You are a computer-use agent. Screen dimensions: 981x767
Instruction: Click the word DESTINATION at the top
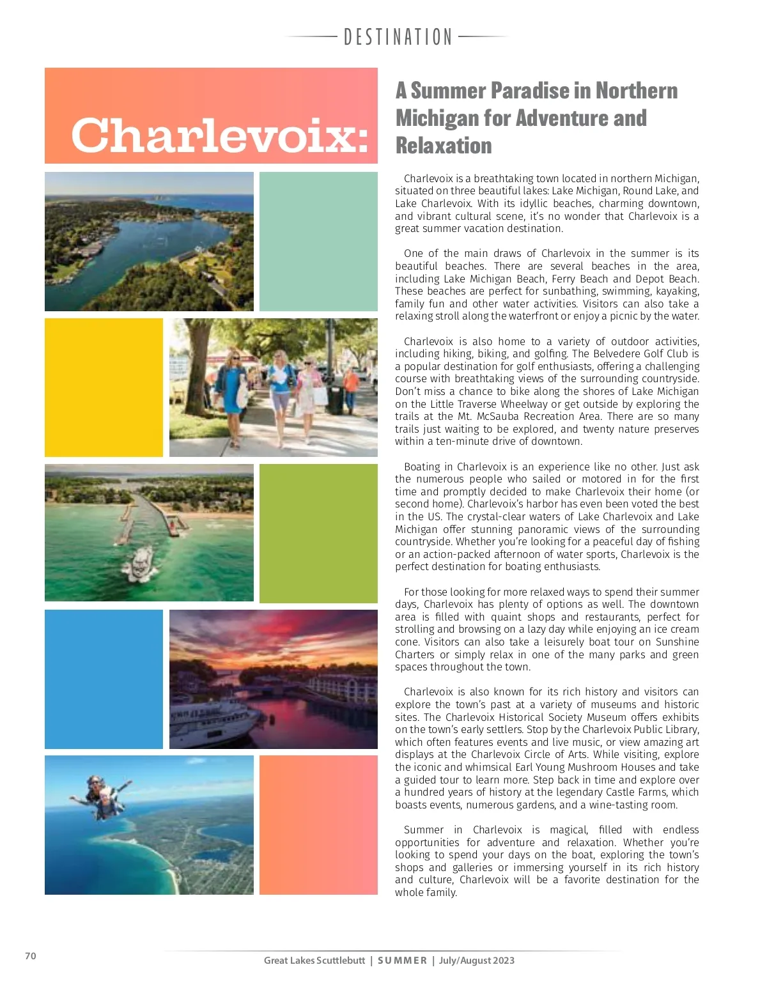coord(398,37)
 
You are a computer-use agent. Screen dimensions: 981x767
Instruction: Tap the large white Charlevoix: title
coord(219,135)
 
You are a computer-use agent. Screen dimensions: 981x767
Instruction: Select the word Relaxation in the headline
coord(444,146)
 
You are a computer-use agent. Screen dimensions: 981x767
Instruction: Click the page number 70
coord(31,956)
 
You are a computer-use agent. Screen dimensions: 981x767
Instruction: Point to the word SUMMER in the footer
coord(402,961)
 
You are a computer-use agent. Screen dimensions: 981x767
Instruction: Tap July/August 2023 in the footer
coord(476,961)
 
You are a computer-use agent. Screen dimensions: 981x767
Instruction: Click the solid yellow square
coord(104,387)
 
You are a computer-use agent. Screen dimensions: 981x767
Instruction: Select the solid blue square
coord(104,679)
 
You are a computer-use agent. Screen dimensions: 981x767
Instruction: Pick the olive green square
coord(318,533)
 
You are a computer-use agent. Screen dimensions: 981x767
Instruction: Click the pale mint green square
coord(318,241)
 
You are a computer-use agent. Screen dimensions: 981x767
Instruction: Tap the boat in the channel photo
coord(141,562)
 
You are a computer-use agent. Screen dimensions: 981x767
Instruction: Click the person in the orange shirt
coord(350,387)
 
